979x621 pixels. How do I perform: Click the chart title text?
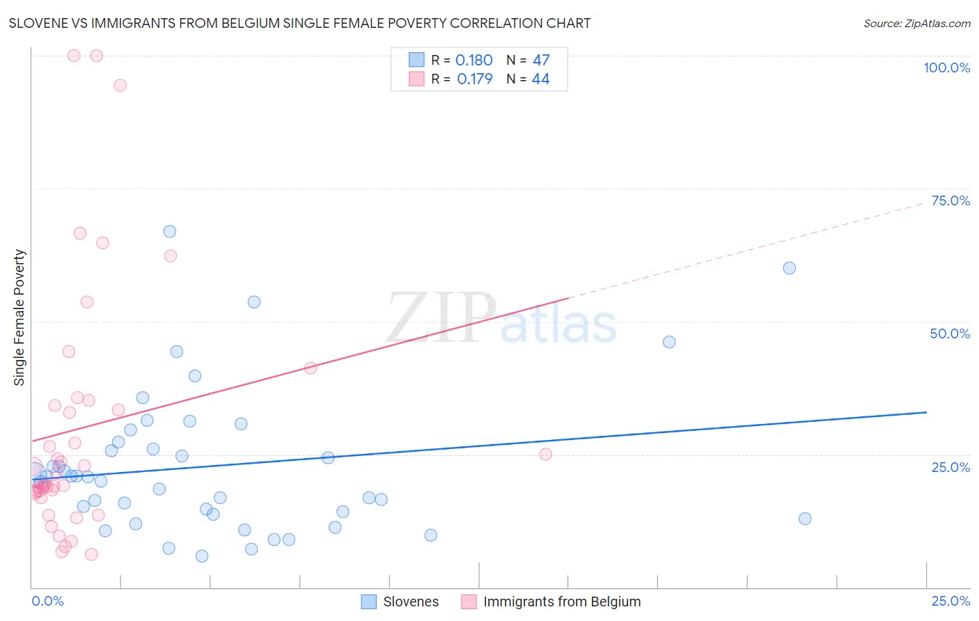[299, 23]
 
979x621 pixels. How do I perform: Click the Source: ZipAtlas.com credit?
[916, 23]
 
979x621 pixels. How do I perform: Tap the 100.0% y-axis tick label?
[946, 68]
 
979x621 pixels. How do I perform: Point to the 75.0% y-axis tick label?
[950, 201]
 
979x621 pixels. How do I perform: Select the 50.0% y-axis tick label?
[950, 333]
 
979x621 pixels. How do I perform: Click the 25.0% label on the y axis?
[950, 467]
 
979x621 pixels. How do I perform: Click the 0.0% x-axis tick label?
[47, 601]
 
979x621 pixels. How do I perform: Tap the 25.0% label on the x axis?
[950, 601]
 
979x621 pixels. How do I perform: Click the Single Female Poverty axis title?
[19, 317]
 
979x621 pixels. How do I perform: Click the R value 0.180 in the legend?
[473, 61]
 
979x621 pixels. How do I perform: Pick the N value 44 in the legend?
[540, 79]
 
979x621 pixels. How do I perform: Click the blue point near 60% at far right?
[789, 268]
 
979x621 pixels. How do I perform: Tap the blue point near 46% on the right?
[669, 342]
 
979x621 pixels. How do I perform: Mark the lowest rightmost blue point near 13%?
[805, 519]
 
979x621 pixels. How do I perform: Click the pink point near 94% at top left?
[120, 85]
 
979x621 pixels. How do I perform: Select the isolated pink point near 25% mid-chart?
[546, 455]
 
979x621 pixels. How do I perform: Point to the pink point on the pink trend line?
[311, 368]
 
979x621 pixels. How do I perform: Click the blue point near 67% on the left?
[169, 231]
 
